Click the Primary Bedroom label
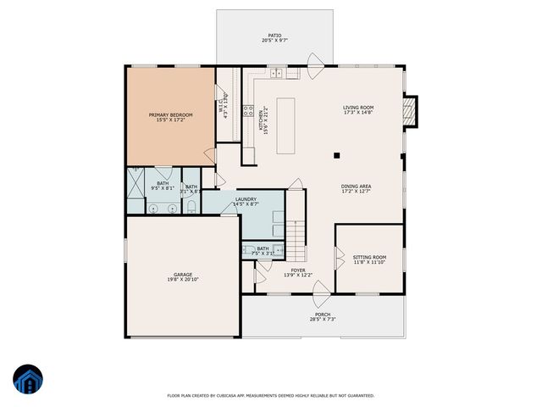click(170, 114)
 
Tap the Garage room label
click(183, 274)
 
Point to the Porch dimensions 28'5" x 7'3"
click(323, 319)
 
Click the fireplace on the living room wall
click(410, 111)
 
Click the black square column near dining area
click(336, 155)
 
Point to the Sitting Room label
click(369, 257)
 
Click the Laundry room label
click(246, 199)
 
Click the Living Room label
click(357, 108)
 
